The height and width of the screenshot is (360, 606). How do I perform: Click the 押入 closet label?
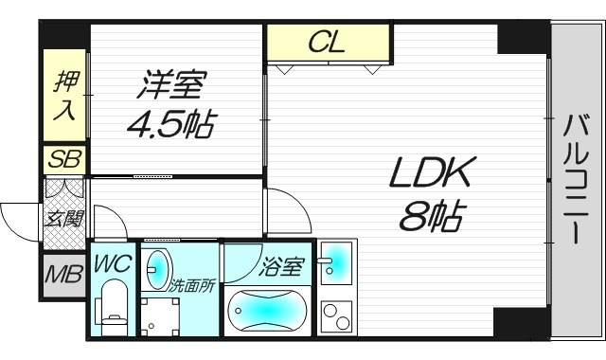point(63,96)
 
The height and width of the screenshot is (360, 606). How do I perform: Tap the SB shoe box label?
point(63,159)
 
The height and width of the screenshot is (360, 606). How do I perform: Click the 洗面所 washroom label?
point(193,284)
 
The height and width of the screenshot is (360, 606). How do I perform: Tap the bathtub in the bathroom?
point(269,312)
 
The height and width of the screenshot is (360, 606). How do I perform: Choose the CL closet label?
point(329,43)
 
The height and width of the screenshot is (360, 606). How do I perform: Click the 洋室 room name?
point(171,86)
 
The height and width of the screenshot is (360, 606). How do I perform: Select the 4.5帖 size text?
point(170,124)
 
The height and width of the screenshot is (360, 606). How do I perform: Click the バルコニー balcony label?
point(577,179)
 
